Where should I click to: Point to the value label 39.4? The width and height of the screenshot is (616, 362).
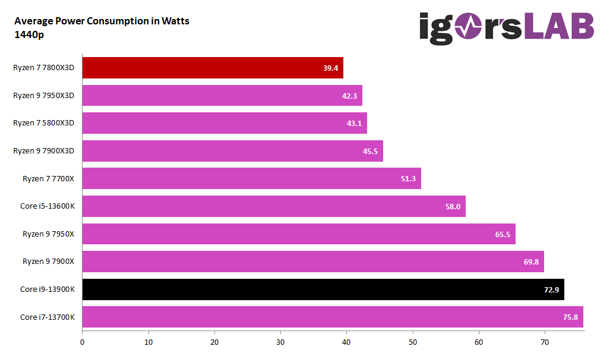(330, 68)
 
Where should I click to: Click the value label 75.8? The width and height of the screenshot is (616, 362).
(570, 317)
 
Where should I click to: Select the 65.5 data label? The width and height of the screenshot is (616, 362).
(503, 234)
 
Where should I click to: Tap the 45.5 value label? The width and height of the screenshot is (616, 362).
(370, 151)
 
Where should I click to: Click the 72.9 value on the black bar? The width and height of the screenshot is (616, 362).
(551, 289)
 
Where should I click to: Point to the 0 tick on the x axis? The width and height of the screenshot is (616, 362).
(82, 342)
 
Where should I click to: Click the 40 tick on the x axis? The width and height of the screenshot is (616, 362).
(347, 342)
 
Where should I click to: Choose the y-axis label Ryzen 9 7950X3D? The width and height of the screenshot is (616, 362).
(44, 95)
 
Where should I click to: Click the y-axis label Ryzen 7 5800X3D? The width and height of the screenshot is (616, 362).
(44, 123)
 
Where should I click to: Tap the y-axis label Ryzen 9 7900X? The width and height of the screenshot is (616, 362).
(49, 262)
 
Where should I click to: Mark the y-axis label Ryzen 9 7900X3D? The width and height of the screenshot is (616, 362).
(44, 151)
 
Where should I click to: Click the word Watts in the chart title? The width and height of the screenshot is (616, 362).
(174, 21)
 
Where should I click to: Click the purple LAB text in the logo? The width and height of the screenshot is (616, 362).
(558, 27)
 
